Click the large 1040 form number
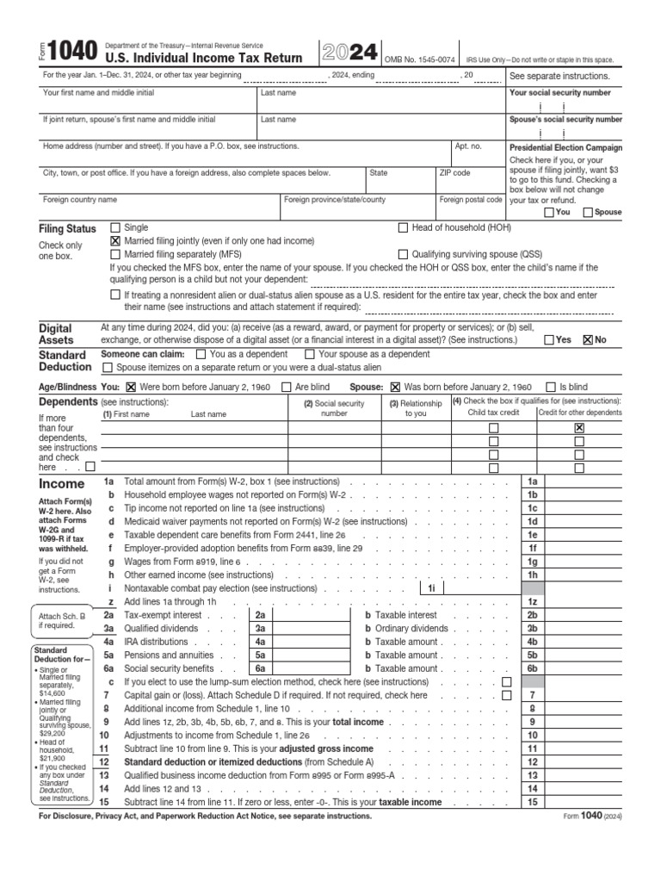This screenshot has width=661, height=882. coord(70,53)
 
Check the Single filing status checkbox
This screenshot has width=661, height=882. coord(116,228)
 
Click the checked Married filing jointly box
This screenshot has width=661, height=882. coord(116,241)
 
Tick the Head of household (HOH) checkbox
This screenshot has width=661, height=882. coord(403,228)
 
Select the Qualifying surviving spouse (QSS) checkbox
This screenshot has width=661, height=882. coord(403,255)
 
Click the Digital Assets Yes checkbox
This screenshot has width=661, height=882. coord(549,340)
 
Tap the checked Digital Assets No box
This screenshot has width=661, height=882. coord(588,340)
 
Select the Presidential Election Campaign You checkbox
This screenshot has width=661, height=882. coord(549,212)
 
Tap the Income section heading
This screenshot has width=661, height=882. coord(62,484)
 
